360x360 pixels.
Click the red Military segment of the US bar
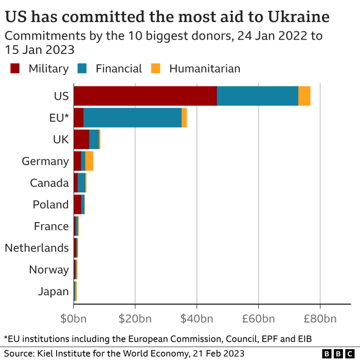tap(145, 96)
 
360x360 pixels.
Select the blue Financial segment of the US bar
tap(257, 96)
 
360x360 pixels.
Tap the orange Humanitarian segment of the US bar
tap(304, 96)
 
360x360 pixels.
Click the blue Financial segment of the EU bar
tap(132, 118)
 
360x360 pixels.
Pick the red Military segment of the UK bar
tap(81, 139)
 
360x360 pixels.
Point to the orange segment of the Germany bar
tap(89, 161)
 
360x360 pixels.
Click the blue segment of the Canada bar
tap(81, 183)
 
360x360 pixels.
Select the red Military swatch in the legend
tap(15, 68)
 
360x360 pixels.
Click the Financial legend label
tap(118, 68)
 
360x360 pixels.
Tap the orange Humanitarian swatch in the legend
tap(156, 68)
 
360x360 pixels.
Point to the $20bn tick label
tap(135, 318)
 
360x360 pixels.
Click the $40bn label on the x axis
tap(197, 318)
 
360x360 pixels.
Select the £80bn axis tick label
tap(320, 318)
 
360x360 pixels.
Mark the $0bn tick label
tap(74, 318)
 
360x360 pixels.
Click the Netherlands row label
tap(37, 248)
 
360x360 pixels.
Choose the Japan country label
tap(53, 292)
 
